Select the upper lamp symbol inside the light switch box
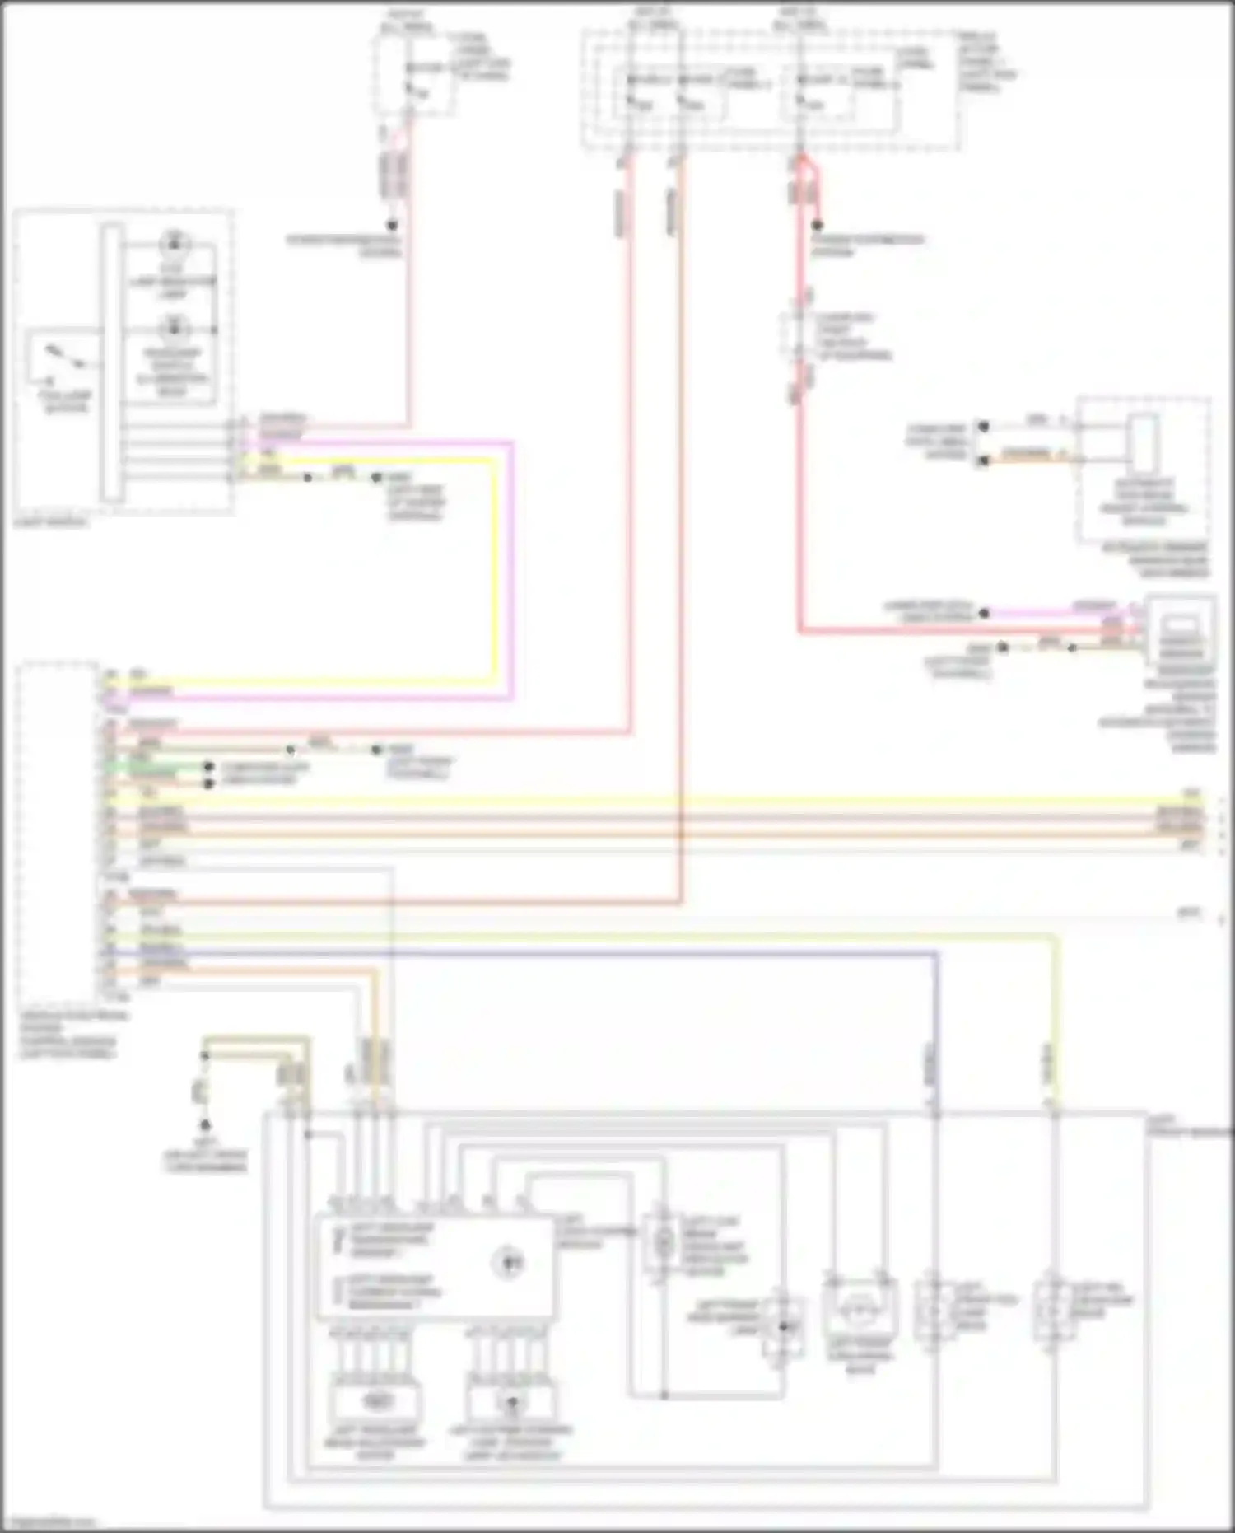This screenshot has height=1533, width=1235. [x=174, y=244]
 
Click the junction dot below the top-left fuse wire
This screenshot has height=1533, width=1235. [x=393, y=225]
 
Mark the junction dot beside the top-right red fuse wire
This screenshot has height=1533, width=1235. [x=818, y=225]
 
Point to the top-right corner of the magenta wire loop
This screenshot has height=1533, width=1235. [x=512, y=444]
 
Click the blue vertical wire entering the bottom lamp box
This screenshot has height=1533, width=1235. [x=935, y=1063]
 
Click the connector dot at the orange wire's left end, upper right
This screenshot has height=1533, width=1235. [x=983, y=460]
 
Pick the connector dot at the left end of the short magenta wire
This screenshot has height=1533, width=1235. [x=985, y=613]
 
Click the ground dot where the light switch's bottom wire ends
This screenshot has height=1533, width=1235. [x=376, y=478]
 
